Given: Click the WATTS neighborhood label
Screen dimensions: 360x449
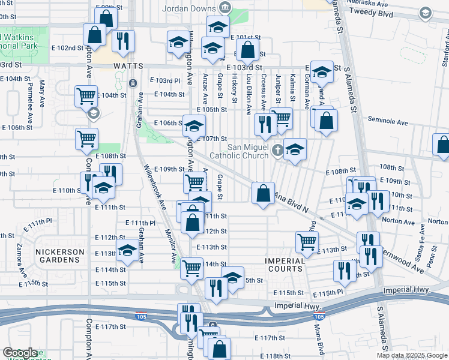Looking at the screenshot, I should (127, 65).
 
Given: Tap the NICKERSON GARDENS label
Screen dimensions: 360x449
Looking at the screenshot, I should (58, 256).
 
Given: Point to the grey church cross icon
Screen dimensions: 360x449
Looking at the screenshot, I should (277, 149).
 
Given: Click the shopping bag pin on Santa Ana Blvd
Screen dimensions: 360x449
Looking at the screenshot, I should (263, 193).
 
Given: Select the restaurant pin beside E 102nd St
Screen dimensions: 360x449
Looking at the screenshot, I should (123, 41).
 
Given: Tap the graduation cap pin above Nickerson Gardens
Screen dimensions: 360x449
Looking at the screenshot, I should (127, 252).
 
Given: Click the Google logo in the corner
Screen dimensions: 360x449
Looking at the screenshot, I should (20, 353).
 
